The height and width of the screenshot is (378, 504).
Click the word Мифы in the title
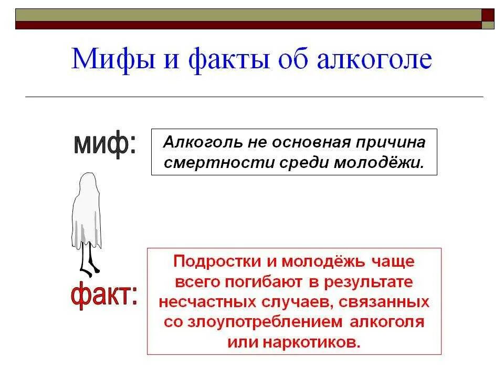pyautogui.click(x=111, y=59)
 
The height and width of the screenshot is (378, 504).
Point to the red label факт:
pyautogui.click(x=104, y=295)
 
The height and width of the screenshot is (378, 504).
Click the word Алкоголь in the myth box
pyautogui.click(x=196, y=143)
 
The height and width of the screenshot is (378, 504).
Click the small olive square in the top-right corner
pyautogui.click(x=488, y=25)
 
